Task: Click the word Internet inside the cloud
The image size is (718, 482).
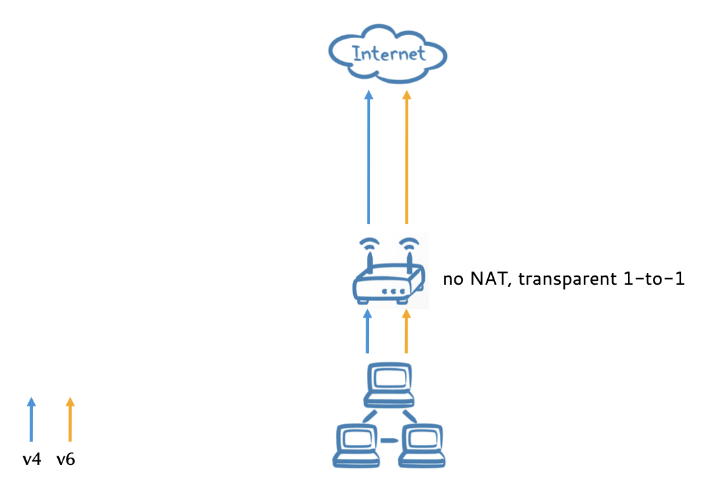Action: [389, 53]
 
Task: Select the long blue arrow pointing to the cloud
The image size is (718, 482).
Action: [368, 158]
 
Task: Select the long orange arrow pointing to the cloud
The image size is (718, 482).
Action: [406, 158]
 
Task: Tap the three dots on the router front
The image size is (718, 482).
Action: [394, 291]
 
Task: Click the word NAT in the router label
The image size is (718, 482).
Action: [487, 280]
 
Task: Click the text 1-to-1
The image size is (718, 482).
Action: [654, 280]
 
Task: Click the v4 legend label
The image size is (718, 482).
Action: [32, 460]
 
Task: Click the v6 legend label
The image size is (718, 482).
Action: [66, 460]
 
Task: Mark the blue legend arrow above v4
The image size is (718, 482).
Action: [31, 419]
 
